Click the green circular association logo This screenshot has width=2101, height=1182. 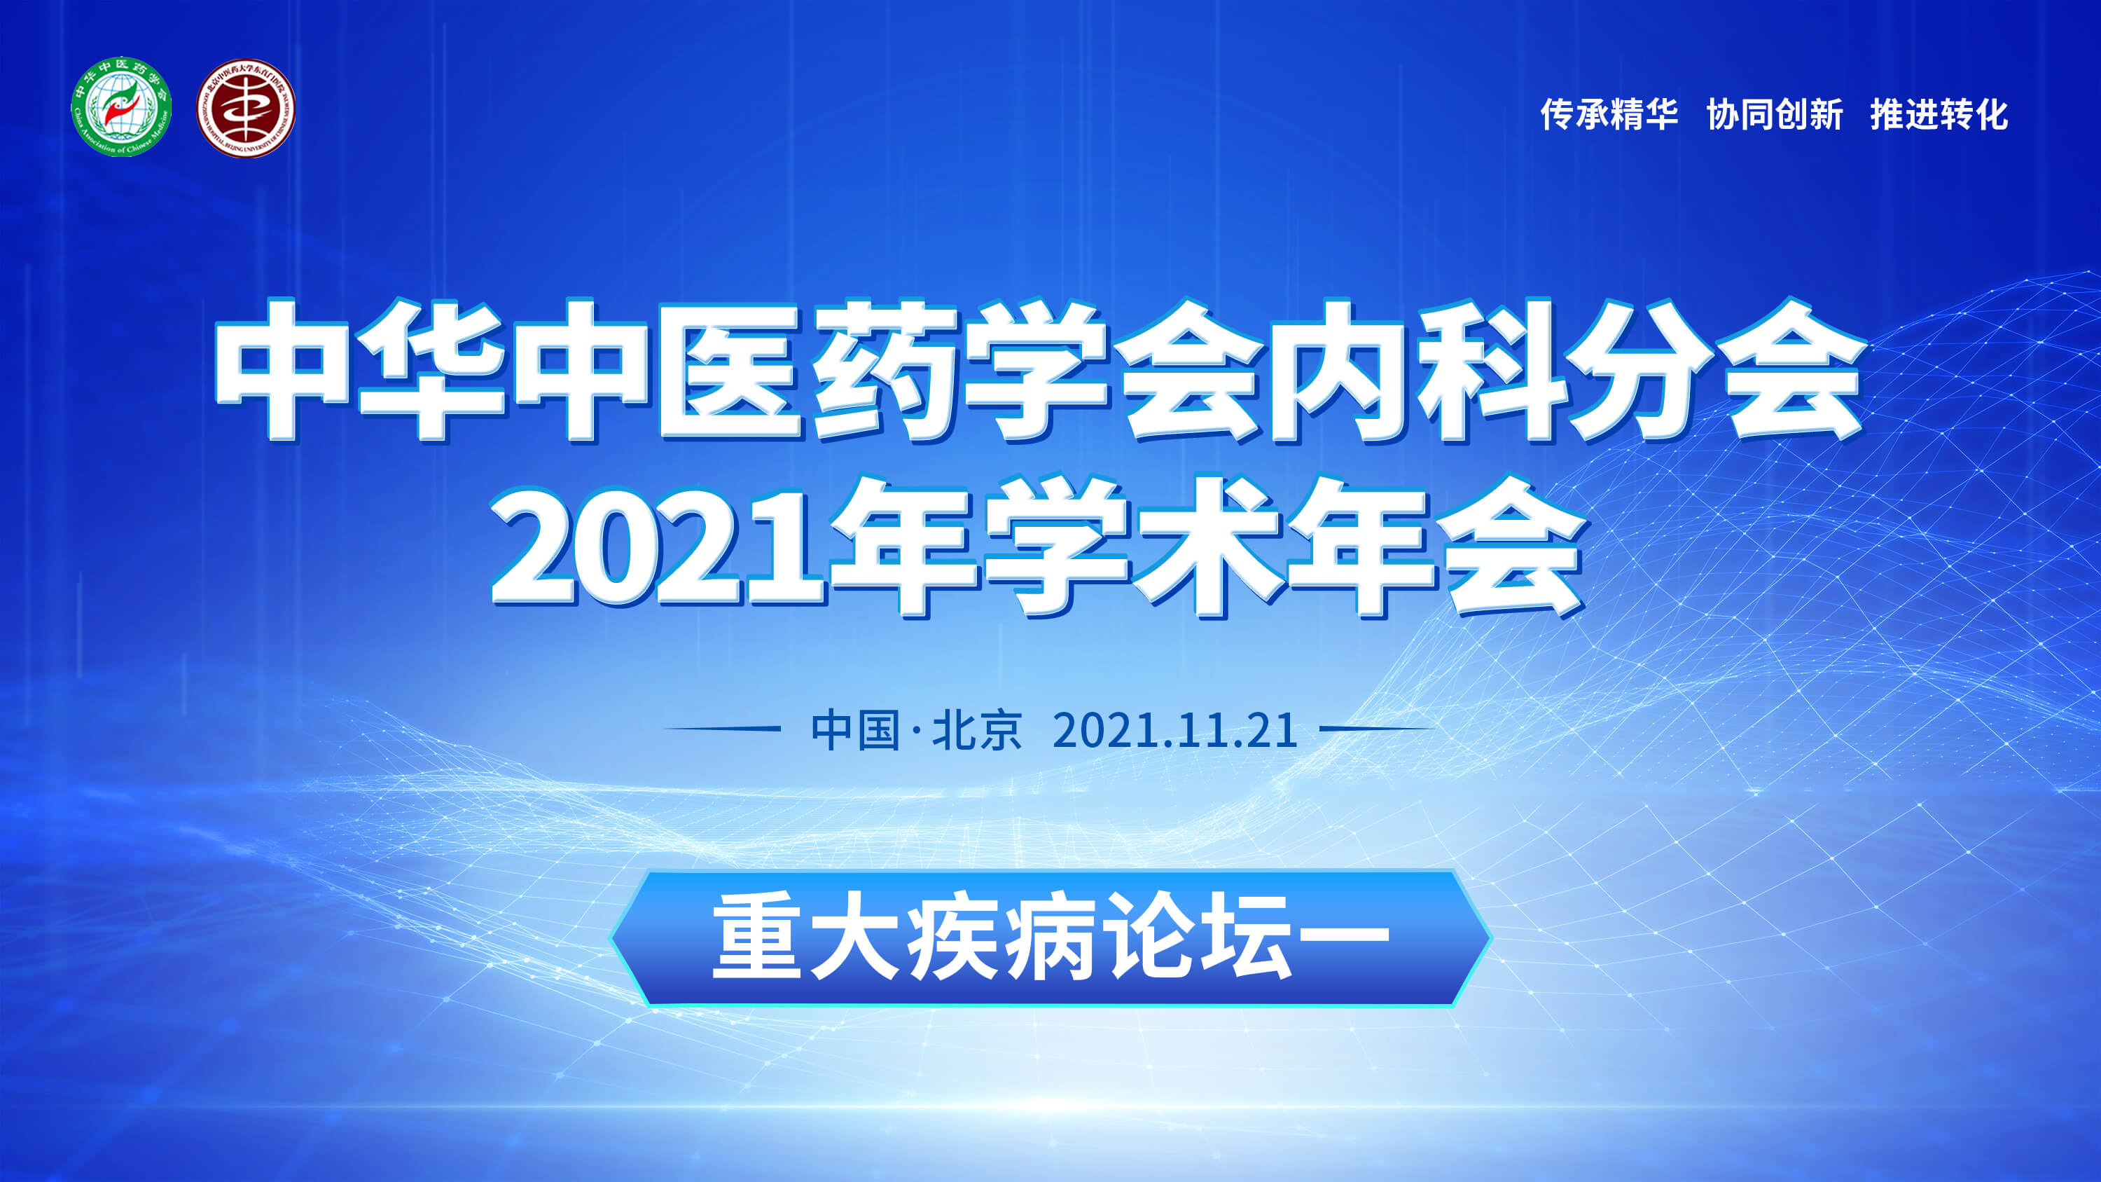point(122,107)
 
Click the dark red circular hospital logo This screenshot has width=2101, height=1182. point(246,109)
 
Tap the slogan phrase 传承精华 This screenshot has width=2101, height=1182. point(1609,114)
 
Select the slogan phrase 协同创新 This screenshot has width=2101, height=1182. point(1775,114)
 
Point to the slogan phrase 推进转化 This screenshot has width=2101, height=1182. point(1939,114)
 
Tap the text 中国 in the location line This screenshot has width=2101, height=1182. point(856,729)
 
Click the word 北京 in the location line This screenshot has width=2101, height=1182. point(977,729)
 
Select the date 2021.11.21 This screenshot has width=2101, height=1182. point(1174,730)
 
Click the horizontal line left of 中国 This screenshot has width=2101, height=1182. point(722,729)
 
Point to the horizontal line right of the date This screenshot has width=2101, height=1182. point(1377,729)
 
